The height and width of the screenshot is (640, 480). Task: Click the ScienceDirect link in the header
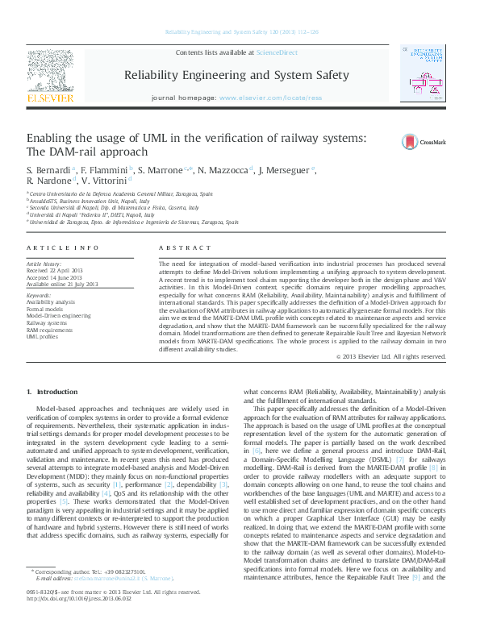pos(277,53)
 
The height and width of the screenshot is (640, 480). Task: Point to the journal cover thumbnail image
pos(428,75)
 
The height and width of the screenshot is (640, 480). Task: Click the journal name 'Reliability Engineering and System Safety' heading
pos(236,76)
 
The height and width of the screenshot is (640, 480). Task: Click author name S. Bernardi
pos(48,171)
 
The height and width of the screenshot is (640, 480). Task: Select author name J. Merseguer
pos(288,171)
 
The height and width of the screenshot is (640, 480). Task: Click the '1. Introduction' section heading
pos(52,391)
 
